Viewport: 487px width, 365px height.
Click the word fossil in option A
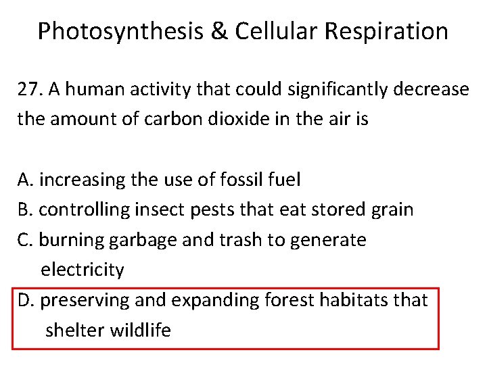[236, 180]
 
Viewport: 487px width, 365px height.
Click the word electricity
[83, 270]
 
